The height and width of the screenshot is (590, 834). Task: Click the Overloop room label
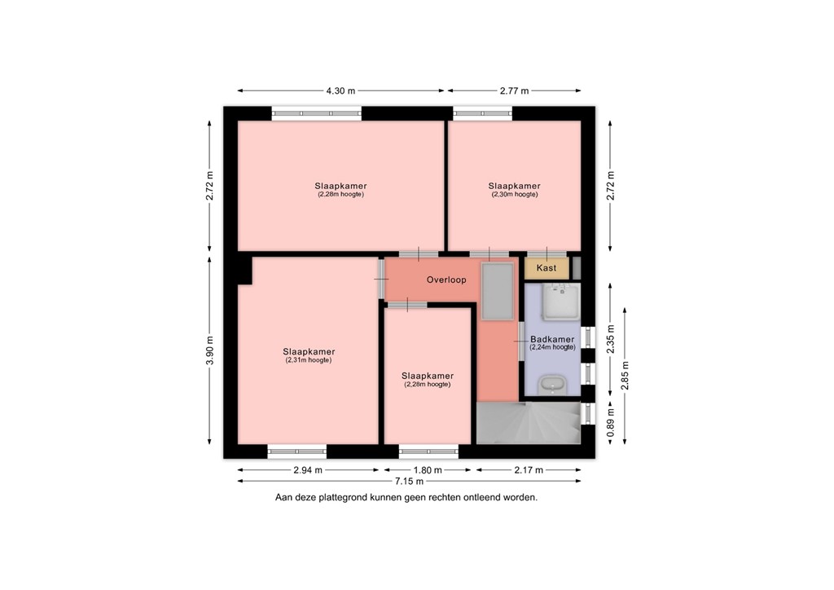pyautogui.click(x=446, y=280)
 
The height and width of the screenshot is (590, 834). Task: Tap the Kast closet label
pyautogui.click(x=546, y=267)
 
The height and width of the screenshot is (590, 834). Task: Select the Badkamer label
pyautogui.click(x=552, y=339)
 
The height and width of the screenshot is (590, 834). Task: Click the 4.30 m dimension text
pyautogui.click(x=340, y=91)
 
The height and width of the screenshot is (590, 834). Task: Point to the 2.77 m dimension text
pyautogui.click(x=514, y=91)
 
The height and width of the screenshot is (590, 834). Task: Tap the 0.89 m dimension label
pyautogui.click(x=611, y=423)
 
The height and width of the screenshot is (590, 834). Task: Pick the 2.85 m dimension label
pyautogui.click(x=625, y=376)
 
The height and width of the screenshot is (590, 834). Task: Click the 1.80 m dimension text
pyautogui.click(x=428, y=470)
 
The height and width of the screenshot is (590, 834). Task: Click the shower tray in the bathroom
pyautogui.click(x=562, y=302)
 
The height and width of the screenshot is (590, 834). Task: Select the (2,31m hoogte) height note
pyautogui.click(x=308, y=360)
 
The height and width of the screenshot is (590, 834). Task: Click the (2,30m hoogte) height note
pyautogui.click(x=514, y=195)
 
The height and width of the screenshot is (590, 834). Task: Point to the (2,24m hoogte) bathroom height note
pyautogui.click(x=552, y=347)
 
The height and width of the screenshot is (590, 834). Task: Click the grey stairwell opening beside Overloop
pyautogui.click(x=497, y=291)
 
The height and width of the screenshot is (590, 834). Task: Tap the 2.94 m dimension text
pyautogui.click(x=307, y=470)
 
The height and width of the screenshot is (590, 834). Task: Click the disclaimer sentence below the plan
pyautogui.click(x=406, y=497)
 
